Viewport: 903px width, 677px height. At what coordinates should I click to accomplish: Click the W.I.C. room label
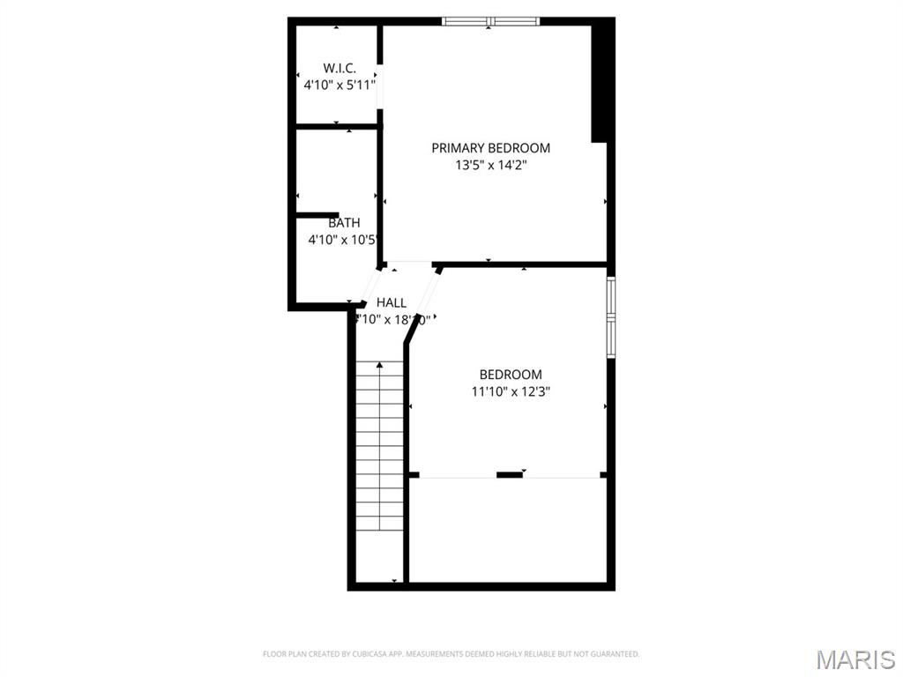coord(340,68)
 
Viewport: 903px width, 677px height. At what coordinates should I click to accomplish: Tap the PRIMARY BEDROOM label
coord(490,148)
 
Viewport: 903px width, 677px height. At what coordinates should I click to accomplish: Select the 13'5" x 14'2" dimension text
coord(490,164)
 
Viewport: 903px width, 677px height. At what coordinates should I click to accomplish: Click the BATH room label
coord(344,223)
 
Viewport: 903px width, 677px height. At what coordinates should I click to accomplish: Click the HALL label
coord(392,303)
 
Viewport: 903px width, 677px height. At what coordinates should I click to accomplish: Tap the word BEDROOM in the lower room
coord(511,375)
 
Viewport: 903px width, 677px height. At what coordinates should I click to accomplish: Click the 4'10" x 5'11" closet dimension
coord(340,86)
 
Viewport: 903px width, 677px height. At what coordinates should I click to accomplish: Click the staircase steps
coord(380,458)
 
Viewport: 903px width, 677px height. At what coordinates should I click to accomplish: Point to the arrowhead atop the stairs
coord(380,365)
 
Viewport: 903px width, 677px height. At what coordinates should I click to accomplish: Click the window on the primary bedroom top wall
coord(491,21)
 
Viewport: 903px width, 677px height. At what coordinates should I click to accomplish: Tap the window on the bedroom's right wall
coord(610,318)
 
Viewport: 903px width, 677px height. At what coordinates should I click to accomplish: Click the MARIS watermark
coord(855,658)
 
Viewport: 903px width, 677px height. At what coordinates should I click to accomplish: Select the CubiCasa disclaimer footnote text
coord(451,654)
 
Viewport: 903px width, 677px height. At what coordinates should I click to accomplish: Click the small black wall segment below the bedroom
coord(509,475)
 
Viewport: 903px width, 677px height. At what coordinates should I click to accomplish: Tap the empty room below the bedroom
coord(509,529)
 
